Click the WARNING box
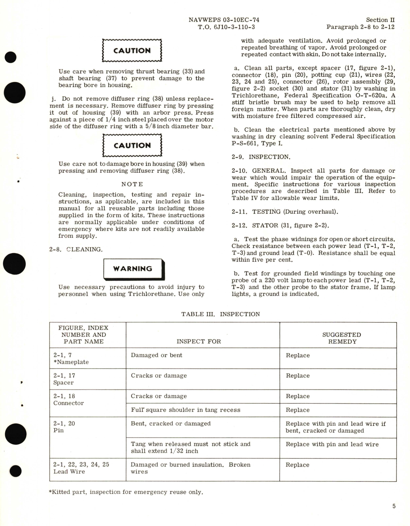click(134, 269)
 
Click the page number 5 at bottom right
click(394, 506)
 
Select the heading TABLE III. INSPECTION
click(221, 314)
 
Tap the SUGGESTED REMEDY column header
click(341, 338)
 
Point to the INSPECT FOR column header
click(199, 341)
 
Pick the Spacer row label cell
click(63, 383)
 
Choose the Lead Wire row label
click(69, 471)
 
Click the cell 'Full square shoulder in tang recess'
click(186, 410)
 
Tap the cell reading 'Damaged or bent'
click(156, 355)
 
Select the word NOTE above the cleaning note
click(132, 184)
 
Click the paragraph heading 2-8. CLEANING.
click(76, 250)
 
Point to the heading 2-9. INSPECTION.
click(261, 157)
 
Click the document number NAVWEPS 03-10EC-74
click(224, 20)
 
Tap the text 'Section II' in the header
click(380, 20)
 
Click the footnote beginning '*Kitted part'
click(126, 492)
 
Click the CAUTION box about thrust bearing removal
click(132, 51)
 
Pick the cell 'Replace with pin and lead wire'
click(332, 444)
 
